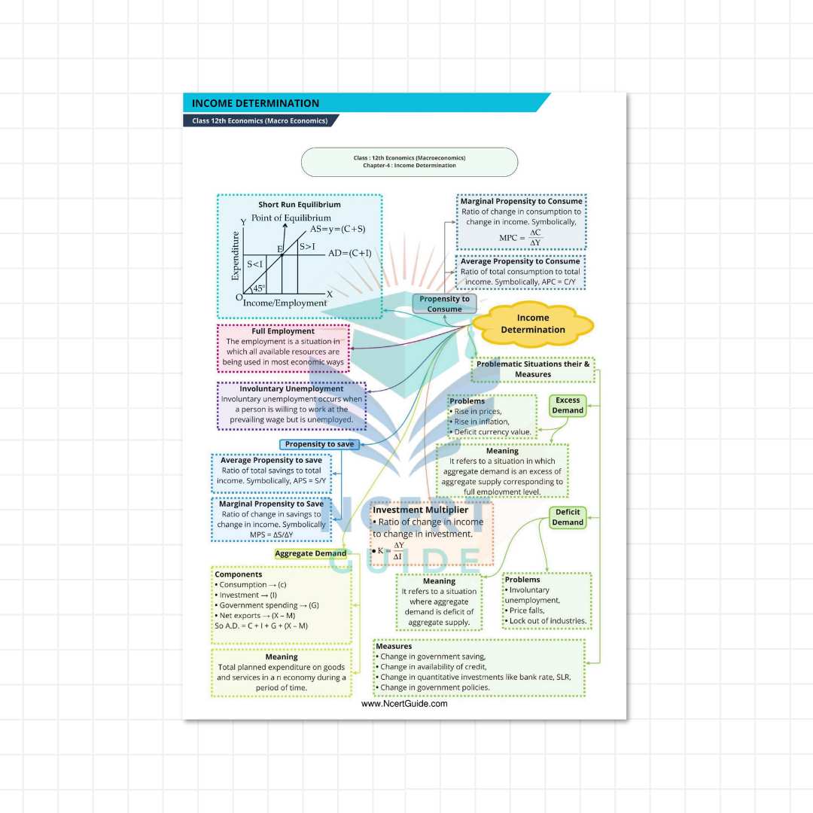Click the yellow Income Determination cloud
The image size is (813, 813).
(x=533, y=324)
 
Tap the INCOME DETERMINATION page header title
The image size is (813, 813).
(x=255, y=103)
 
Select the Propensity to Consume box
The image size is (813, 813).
(x=444, y=304)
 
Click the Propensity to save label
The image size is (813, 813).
(x=319, y=444)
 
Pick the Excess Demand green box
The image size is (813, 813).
(x=568, y=406)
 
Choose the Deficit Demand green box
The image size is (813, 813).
(x=568, y=517)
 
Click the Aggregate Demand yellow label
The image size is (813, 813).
(x=310, y=553)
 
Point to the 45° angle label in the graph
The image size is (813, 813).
(x=259, y=288)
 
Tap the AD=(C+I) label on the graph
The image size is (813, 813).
(x=349, y=253)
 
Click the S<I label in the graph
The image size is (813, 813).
(x=256, y=264)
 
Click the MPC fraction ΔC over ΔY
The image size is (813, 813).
(x=535, y=238)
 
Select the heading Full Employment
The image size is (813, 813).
(x=283, y=331)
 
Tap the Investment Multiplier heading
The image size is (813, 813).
(x=420, y=510)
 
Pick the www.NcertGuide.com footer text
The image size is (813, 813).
(x=404, y=704)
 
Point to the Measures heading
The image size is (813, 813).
(x=394, y=646)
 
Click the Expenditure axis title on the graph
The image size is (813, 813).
(x=236, y=256)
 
